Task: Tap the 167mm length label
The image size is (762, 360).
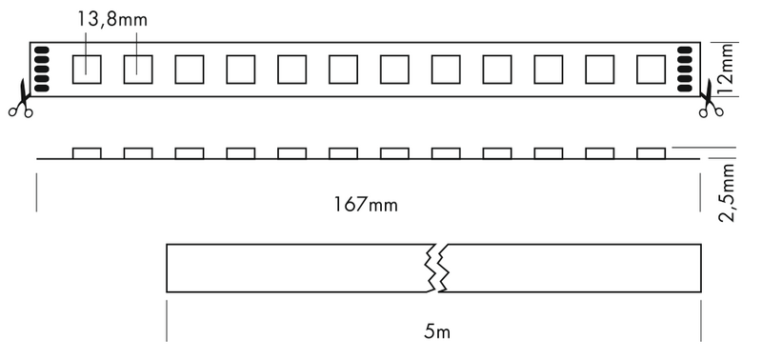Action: (366, 205)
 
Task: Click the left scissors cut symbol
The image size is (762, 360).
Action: (20, 104)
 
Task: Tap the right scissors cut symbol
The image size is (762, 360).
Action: (711, 103)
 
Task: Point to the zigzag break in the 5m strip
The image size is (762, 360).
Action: (434, 268)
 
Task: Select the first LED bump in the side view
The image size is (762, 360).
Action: (87, 153)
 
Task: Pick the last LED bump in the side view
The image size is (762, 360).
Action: (651, 153)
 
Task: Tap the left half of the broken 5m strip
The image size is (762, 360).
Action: (295, 268)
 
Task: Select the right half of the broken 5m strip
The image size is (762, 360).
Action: (571, 268)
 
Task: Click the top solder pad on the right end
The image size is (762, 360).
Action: (684, 49)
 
